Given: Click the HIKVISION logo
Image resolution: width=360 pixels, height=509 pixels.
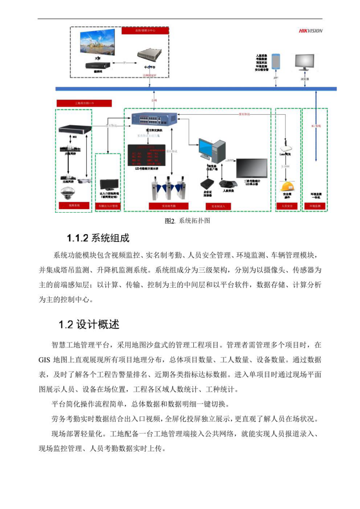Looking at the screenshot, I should tap(311, 31).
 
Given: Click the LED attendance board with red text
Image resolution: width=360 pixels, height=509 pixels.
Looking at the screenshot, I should tap(147, 156).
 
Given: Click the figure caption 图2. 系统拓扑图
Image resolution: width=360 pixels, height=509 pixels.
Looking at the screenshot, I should tap(187, 221).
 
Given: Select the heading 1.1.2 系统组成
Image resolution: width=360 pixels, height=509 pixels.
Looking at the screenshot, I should tap(98, 238).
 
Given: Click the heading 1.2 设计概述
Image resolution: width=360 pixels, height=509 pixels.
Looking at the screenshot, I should tap(89, 324).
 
